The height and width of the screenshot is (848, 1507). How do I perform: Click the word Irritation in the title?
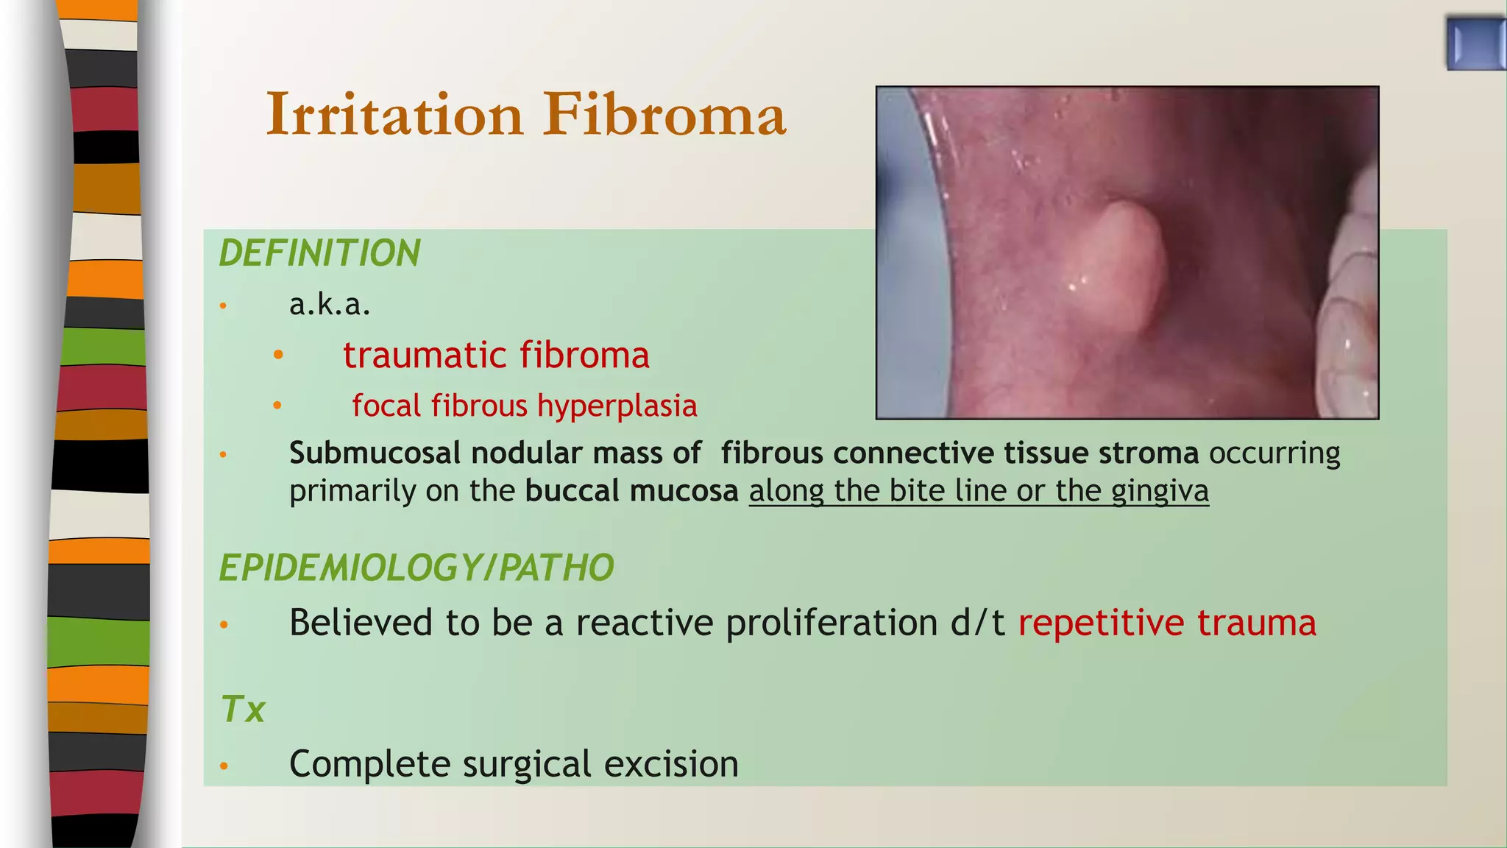(394, 115)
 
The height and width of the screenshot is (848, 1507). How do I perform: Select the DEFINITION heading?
(319, 253)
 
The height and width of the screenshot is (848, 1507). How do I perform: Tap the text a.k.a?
(330, 304)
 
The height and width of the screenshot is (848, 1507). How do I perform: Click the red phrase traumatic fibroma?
(496, 356)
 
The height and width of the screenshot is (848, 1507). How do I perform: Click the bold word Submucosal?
(375, 453)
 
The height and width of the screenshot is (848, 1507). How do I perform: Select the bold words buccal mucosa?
(631, 491)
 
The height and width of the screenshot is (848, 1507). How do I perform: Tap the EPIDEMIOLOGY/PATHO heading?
(416, 568)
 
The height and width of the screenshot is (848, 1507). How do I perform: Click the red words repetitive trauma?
(1167, 623)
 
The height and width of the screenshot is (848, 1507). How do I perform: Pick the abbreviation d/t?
(977, 623)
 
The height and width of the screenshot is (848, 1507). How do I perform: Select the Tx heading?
(243, 710)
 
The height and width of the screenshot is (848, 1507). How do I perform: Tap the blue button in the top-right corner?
(1475, 44)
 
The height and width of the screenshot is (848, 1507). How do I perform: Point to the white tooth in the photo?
(1347, 346)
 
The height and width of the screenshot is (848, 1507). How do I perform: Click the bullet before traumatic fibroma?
(278, 356)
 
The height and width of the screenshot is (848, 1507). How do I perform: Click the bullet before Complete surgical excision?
(224, 766)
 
